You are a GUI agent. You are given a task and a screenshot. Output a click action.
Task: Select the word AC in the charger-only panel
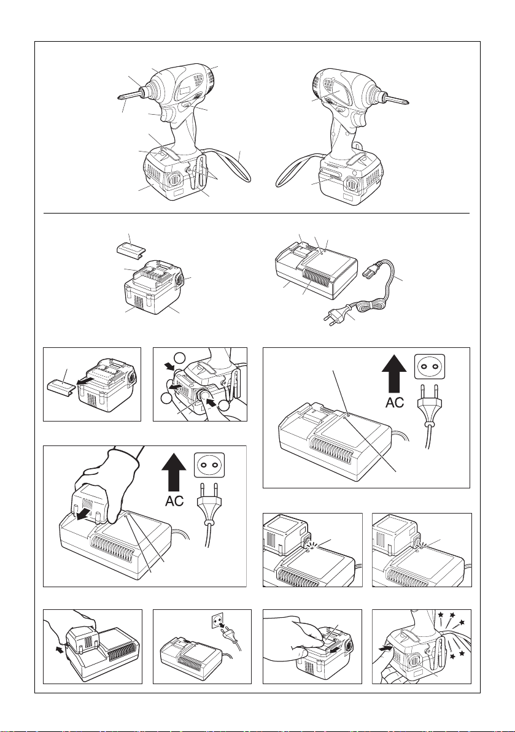point(395,403)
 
